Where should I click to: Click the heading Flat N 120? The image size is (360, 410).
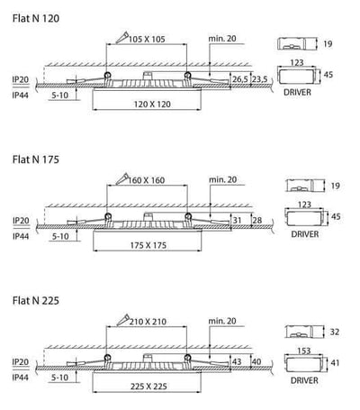pyautogui.click(x=36, y=18)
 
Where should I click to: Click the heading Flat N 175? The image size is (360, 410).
pyautogui.click(x=36, y=159)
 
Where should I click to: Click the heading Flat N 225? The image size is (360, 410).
pyautogui.click(x=36, y=300)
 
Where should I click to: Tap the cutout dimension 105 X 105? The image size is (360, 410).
pyautogui.click(x=147, y=39)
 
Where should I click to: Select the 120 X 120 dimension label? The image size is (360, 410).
pyautogui.click(x=152, y=105)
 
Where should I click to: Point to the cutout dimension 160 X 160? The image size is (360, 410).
pyautogui.click(x=147, y=180)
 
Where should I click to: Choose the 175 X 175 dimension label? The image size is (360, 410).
pyautogui.click(x=148, y=245)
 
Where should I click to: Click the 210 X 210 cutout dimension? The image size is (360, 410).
pyautogui.click(x=148, y=322)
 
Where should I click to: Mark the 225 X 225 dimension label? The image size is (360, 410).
pyautogui.click(x=148, y=387)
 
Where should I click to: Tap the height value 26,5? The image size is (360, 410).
pyautogui.click(x=240, y=79)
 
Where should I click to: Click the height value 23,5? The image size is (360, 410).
pyautogui.click(x=259, y=79)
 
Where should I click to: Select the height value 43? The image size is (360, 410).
pyautogui.click(x=237, y=361)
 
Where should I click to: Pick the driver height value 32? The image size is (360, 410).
pyautogui.click(x=335, y=332)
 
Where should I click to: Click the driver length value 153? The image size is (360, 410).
pyautogui.click(x=303, y=351)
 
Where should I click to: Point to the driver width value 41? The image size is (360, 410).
pyautogui.click(x=335, y=363)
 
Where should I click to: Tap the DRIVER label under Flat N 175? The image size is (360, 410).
pyautogui.click(x=305, y=234)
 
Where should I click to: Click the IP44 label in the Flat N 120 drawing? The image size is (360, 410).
pyautogui.click(x=21, y=96)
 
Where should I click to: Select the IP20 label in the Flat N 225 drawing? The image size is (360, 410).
pyautogui.click(x=21, y=361)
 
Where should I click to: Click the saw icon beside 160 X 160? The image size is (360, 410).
pyautogui.click(x=122, y=178)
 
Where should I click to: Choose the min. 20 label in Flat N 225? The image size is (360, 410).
pyautogui.click(x=222, y=321)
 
